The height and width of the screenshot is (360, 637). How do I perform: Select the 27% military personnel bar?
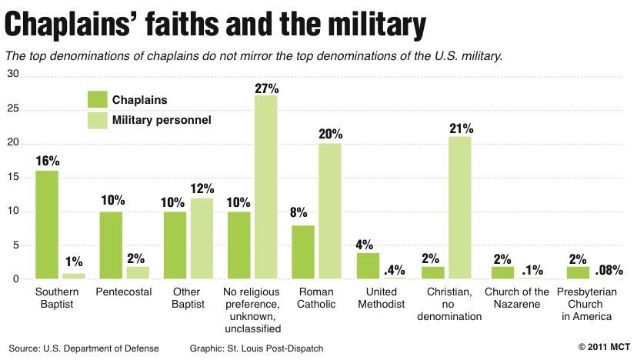tap(266, 187)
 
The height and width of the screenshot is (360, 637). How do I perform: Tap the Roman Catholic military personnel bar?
tap(330, 212)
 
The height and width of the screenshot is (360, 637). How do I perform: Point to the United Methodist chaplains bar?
tap(367, 265)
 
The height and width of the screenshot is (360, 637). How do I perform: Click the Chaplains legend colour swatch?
tap(97, 100)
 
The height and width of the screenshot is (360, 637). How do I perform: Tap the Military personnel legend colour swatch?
tap(97, 120)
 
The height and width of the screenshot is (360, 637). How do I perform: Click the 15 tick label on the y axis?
tap(13, 176)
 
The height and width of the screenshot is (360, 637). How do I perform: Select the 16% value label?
tap(47, 161)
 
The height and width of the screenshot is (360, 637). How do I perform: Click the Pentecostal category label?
tap(124, 292)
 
